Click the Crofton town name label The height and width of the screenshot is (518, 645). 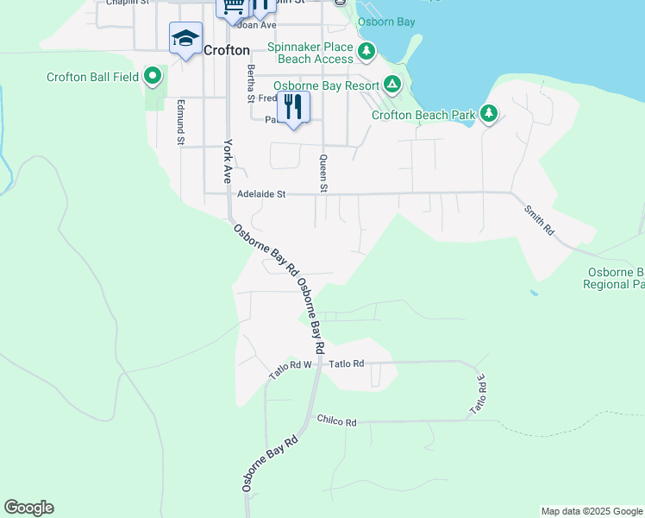(227, 50)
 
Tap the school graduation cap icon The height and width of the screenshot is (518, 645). (185, 39)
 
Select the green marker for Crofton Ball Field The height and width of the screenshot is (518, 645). (153, 77)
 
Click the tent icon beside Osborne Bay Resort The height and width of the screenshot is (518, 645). (392, 85)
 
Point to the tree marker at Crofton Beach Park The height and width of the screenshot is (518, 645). (489, 113)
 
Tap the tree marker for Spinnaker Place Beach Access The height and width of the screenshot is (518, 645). (366, 52)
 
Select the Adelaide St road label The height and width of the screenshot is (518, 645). (260, 195)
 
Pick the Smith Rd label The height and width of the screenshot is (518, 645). (539, 217)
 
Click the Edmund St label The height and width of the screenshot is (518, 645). (181, 122)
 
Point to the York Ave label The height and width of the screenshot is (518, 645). (229, 161)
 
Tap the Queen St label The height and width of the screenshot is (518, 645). (323, 174)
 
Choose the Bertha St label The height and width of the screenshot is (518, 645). (251, 83)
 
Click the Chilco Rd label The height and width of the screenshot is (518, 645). (336, 422)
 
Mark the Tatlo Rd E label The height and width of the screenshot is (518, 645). (477, 393)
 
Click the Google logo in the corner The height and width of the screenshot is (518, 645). (28, 508)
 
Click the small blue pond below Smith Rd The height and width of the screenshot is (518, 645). (535, 294)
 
